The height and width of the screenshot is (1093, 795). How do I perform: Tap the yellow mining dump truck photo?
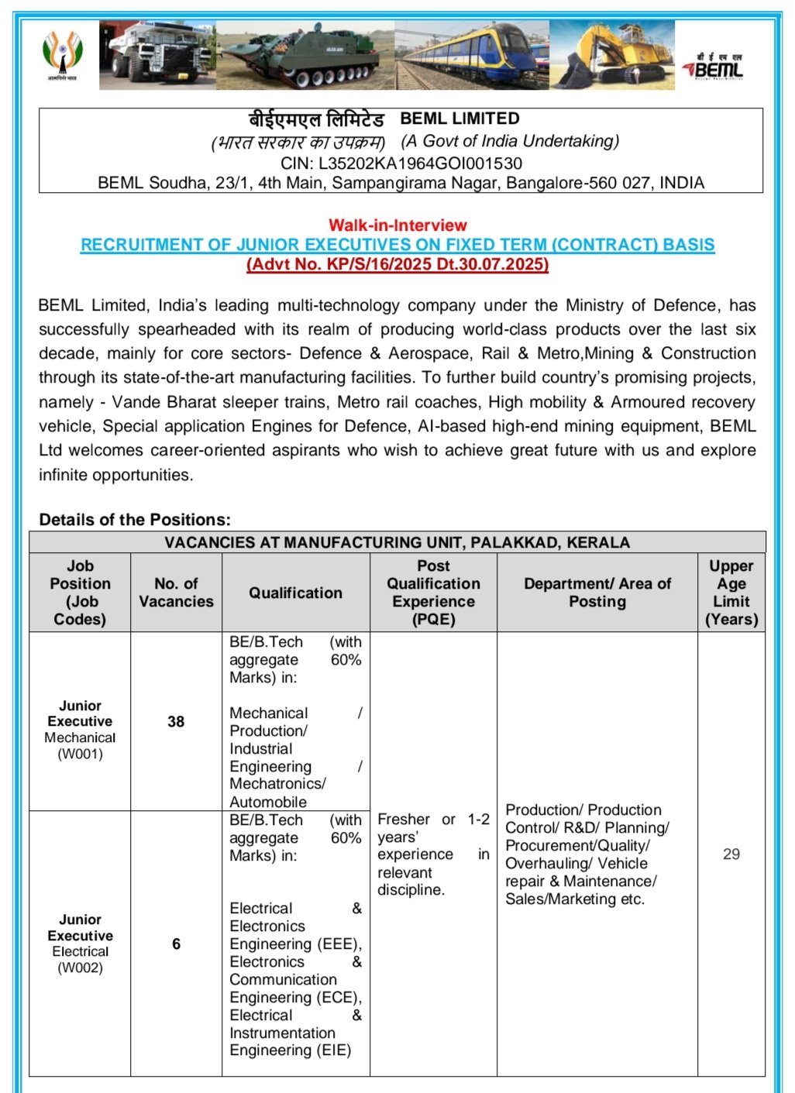point(157,55)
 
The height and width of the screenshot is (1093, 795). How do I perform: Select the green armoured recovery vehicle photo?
point(306,56)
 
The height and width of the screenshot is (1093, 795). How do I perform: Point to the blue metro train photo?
point(472,55)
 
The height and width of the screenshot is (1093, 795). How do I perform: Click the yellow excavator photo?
point(612,55)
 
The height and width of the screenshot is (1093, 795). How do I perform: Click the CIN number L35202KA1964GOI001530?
point(420,163)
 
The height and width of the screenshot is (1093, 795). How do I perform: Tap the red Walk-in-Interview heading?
point(397,225)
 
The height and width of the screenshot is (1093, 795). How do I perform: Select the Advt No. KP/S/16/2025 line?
point(397,264)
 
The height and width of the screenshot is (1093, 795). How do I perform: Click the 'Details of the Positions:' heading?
point(135,520)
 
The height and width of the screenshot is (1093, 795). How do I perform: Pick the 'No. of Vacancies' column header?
point(176,593)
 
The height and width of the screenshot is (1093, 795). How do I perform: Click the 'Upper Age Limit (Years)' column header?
point(731,593)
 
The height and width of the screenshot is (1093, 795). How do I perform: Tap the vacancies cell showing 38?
point(176,721)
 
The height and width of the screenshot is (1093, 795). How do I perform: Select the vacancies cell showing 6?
point(176,943)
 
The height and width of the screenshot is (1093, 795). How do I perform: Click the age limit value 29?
point(731,854)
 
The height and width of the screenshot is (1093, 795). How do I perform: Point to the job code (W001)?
point(80,754)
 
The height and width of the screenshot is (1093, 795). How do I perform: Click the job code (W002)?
point(80,968)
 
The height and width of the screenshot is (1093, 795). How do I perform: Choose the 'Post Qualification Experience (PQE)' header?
point(433,593)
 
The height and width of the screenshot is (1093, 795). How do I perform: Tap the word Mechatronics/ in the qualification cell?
point(277,784)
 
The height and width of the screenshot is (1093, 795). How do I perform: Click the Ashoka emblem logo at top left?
point(62,55)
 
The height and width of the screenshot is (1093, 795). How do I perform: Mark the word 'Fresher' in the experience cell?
point(404,820)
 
